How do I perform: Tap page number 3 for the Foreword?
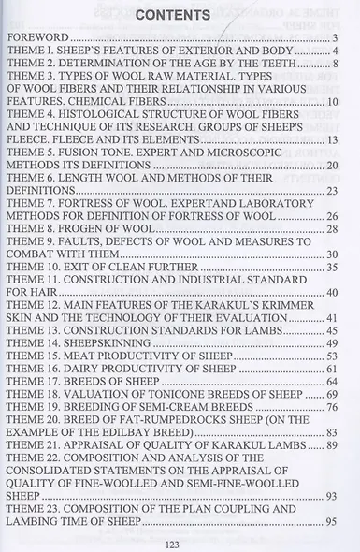point(334,38)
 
